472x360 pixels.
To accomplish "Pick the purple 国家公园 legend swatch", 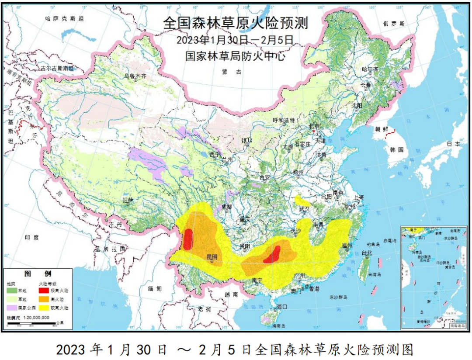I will pyautogui.click(x=12, y=308).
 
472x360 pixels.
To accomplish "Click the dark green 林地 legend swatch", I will pyautogui.click(x=12, y=290).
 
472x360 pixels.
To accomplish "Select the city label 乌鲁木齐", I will pyautogui.click(x=135, y=76).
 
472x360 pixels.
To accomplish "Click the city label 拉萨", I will pyautogui.click(x=128, y=200).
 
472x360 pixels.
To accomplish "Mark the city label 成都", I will pyautogui.click(x=227, y=207).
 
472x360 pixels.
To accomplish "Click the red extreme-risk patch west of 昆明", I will pyautogui.click(x=188, y=239).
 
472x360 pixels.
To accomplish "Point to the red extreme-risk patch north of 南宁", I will pyautogui.click(x=273, y=255).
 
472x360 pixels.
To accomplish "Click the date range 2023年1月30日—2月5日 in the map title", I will pyautogui.click(x=235, y=40).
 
